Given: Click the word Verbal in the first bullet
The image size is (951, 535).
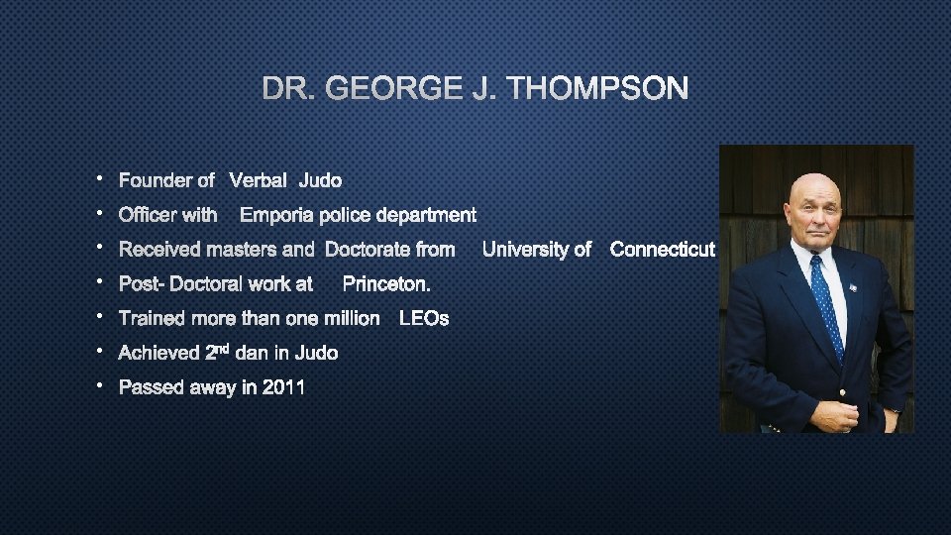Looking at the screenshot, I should [259, 180].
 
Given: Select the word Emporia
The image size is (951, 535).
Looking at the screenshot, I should [276, 215].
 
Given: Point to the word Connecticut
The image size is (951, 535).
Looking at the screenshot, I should [663, 250].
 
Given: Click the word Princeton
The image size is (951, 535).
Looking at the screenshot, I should [386, 284].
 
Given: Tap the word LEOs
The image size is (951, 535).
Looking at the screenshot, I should [423, 319].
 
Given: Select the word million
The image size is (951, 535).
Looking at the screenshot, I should [349, 319].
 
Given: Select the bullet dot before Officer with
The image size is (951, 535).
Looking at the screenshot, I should [101, 212].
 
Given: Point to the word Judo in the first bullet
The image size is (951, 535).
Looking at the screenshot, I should [320, 180].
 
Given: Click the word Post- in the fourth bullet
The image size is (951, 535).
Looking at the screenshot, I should [142, 284].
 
